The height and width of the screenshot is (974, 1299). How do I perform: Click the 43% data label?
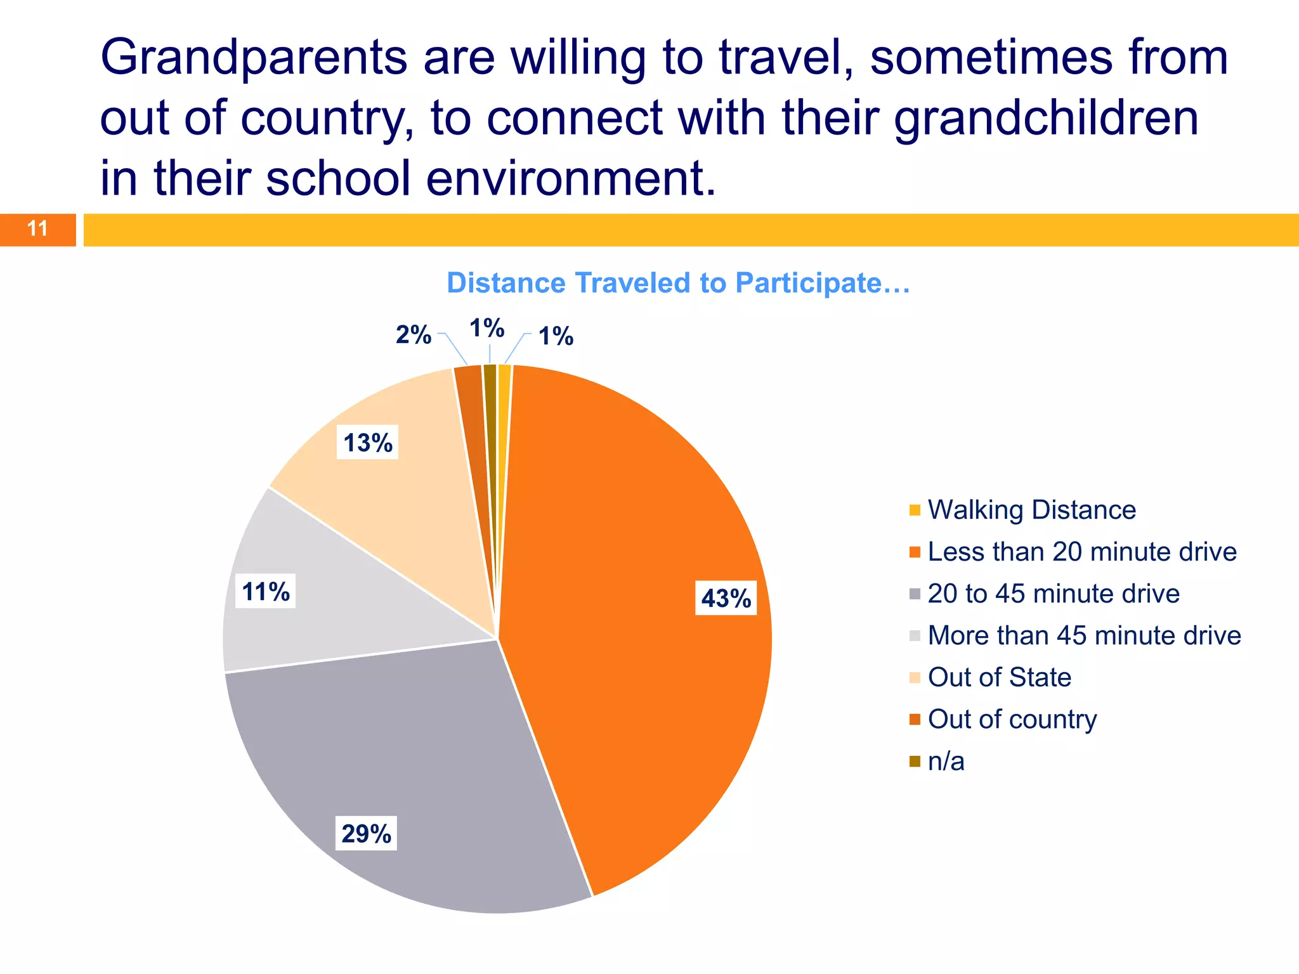(x=726, y=598)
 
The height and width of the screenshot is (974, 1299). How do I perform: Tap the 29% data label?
(x=366, y=833)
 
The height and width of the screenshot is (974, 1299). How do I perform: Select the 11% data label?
(x=266, y=591)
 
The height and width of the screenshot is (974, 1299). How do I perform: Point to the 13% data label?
(x=367, y=442)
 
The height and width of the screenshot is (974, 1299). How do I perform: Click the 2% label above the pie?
(x=413, y=334)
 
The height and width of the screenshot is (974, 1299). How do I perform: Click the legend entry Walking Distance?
(x=1031, y=510)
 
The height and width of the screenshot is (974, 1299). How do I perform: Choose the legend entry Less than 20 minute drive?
(x=1081, y=552)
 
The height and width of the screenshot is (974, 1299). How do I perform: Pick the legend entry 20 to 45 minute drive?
(x=1053, y=594)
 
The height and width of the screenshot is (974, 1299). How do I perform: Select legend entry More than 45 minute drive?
(x=1083, y=635)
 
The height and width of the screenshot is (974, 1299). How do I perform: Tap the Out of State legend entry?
(x=999, y=677)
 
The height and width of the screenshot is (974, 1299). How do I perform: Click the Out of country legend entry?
(x=1012, y=719)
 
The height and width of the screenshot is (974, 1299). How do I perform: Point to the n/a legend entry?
(x=945, y=761)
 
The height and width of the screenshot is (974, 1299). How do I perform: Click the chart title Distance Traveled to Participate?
(x=678, y=283)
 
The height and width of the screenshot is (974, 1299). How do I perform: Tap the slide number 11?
(x=37, y=229)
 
